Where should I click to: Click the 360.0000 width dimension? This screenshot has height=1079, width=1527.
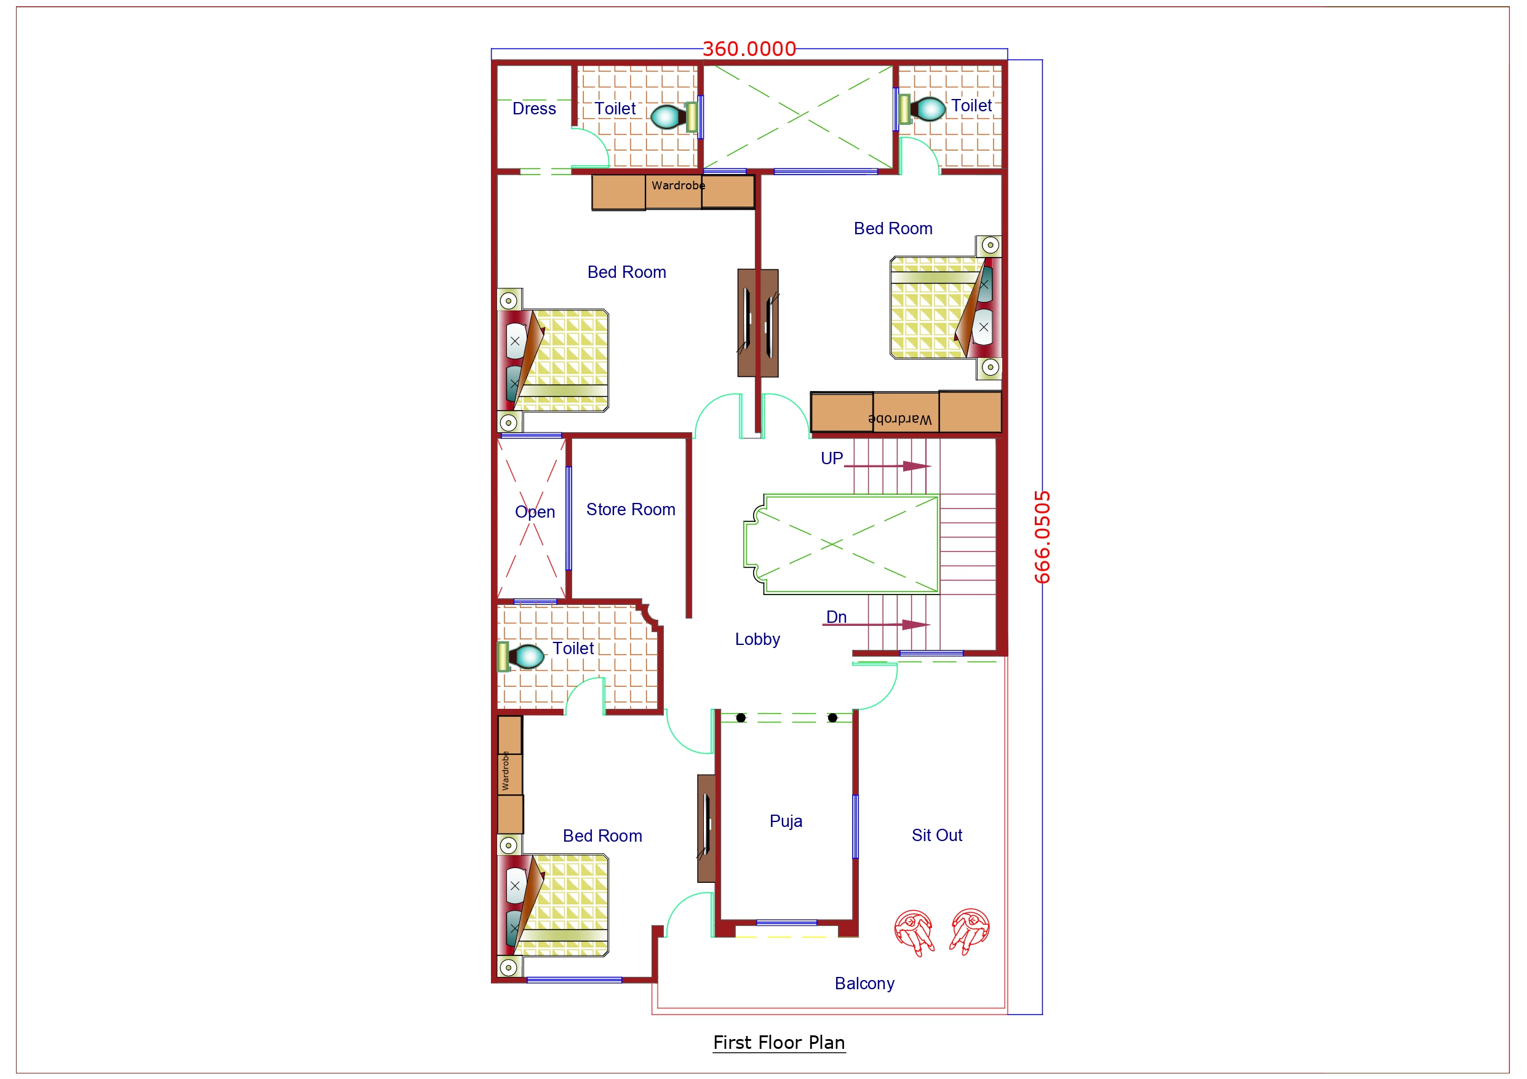coord(749,49)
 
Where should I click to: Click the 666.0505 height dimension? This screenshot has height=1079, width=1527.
coord(1042,537)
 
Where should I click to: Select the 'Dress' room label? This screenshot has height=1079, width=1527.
coord(534,108)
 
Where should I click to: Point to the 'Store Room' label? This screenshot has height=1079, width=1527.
coord(631,509)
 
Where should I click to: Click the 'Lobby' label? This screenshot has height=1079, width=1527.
coord(757,639)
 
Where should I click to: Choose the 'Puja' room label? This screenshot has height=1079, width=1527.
coord(786,820)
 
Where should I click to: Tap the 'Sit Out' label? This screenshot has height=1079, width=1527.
coord(936,835)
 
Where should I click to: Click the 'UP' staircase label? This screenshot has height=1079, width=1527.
coord(831,458)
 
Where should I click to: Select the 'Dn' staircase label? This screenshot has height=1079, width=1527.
coord(836,617)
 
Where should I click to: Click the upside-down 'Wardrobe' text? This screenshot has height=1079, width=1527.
coord(899,419)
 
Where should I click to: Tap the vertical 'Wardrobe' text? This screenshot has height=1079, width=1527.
coord(506,770)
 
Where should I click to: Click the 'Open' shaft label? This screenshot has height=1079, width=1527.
coord(535,512)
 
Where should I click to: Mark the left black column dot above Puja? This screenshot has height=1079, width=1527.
coord(741,717)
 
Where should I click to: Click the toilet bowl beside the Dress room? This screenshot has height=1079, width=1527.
coord(666,116)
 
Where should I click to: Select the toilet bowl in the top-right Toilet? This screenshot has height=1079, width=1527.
coord(928,108)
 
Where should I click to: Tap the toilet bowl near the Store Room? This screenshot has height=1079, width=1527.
coord(527,657)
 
